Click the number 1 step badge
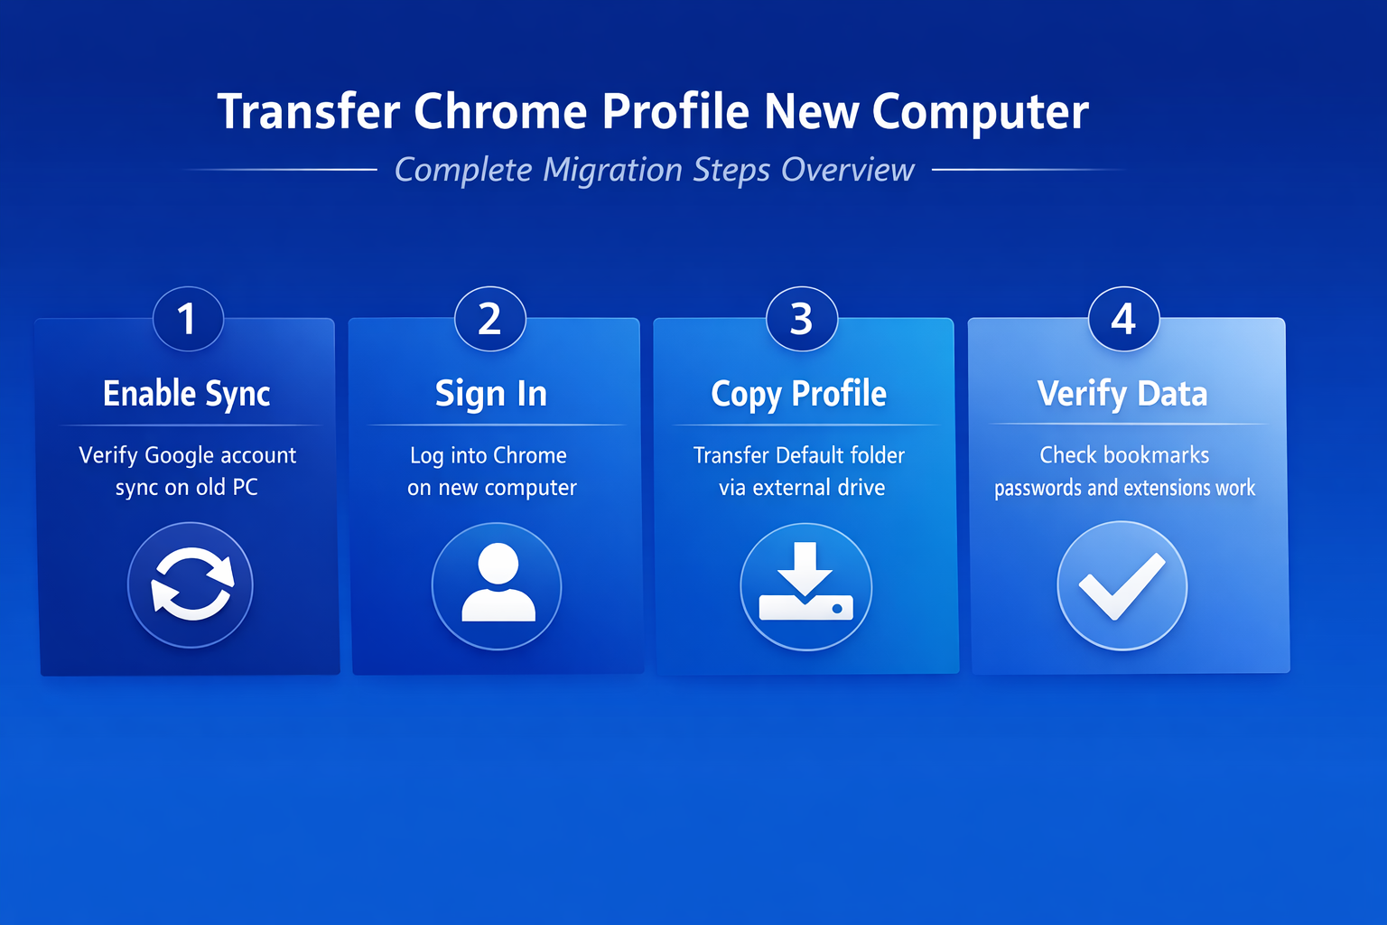(188, 319)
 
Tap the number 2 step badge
(489, 319)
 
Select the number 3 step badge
(802, 319)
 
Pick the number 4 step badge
(1124, 319)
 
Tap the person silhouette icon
(498, 583)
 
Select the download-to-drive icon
(805, 582)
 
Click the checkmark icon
(1122, 586)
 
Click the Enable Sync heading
(186, 394)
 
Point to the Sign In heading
(491, 394)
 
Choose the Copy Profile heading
(799, 394)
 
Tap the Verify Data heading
(1122, 394)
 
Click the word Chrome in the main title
(500, 111)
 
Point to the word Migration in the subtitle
(612, 170)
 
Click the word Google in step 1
(179, 456)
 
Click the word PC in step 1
(245, 488)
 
